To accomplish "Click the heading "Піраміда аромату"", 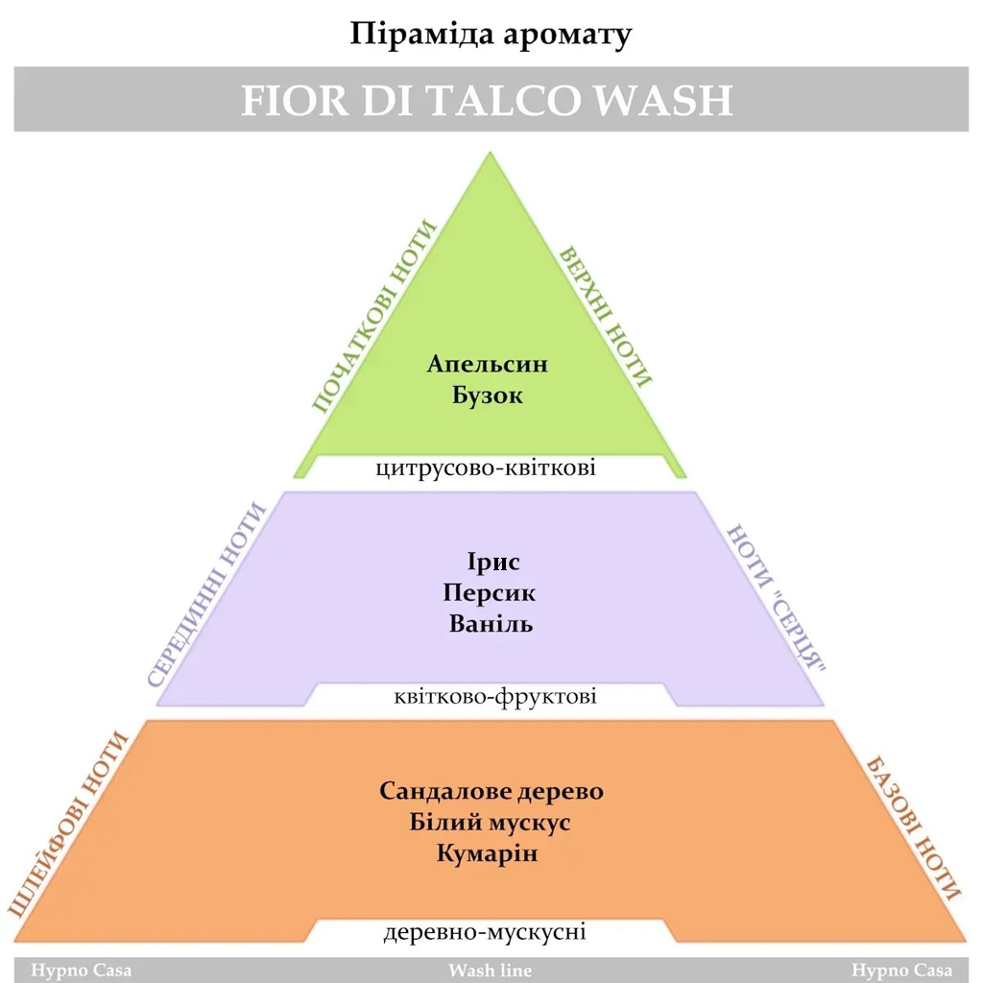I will [x=491, y=35].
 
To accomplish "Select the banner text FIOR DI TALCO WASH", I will [x=487, y=100].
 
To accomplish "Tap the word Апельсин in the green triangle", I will [x=488, y=365].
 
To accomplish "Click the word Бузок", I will [x=488, y=395].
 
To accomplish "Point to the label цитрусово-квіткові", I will [x=487, y=468].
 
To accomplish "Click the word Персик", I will [x=491, y=592].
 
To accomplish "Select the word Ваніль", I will [x=491, y=623].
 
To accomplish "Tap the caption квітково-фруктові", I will [x=495, y=696].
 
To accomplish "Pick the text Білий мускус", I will [x=491, y=823].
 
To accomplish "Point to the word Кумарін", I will [x=487, y=853].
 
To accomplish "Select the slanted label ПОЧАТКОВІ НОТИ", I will [x=373, y=317].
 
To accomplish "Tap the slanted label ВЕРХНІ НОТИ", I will [x=605, y=316].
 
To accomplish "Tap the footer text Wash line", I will [x=490, y=970].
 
